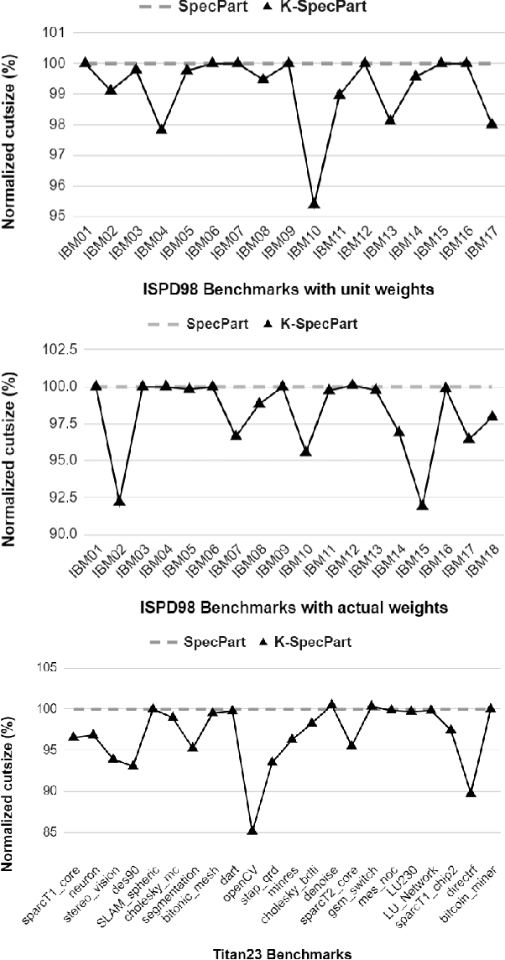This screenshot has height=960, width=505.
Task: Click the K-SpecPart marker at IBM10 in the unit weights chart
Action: point(314,203)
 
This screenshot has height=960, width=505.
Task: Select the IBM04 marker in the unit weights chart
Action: point(161,129)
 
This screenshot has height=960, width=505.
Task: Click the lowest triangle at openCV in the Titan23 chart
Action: point(252,830)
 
